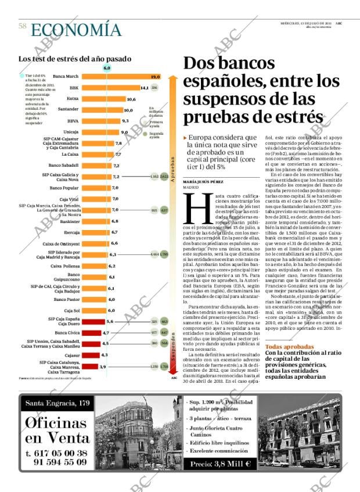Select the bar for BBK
pos(110,88)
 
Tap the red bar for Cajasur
pos(91,355)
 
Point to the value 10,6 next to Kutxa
pos(131,99)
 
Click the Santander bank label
pos(69,109)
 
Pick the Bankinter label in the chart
pos(70,221)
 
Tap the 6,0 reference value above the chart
pos(107,68)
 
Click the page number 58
pos(22,26)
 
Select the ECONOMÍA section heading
pos(76,30)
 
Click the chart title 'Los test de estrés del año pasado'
pos(75,59)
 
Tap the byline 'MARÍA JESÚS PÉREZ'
pos(202,182)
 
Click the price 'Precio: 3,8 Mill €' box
pos(220,464)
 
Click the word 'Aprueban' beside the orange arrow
pos(172,168)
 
